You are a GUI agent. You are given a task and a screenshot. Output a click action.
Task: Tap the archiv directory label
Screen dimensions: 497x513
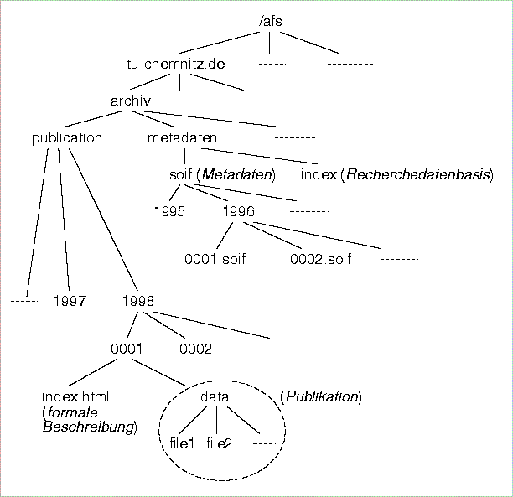click(x=130, y=101)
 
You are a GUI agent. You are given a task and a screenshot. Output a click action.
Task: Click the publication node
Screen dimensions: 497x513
click(x=66, y=137)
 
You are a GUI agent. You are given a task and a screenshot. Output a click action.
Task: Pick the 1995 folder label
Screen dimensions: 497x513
click(x=168, y=211)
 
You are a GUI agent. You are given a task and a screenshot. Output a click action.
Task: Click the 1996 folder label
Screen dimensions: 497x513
click(x=238, y=211)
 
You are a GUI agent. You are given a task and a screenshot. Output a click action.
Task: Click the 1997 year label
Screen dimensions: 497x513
click(x=70, y=300)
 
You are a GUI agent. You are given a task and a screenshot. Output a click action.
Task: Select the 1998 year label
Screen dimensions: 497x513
click(x=137, y=300)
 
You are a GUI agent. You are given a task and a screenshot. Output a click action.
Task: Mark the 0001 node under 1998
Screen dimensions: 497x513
click(x=126, y=349)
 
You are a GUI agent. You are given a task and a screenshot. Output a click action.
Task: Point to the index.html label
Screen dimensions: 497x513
click(x=75, y=396)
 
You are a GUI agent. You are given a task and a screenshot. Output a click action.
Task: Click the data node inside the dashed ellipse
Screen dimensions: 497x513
click(x=215, y=396)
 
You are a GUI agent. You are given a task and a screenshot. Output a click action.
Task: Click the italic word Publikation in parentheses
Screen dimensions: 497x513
click(x=321, y=396)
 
